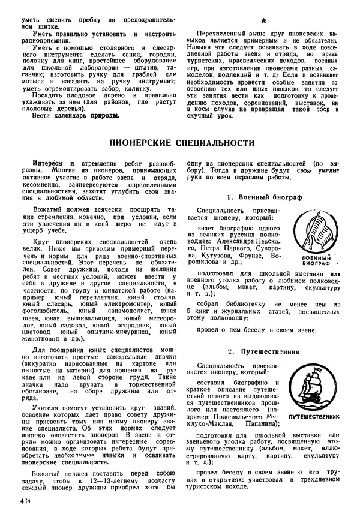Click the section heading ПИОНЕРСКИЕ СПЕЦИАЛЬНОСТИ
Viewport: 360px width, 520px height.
180,143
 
